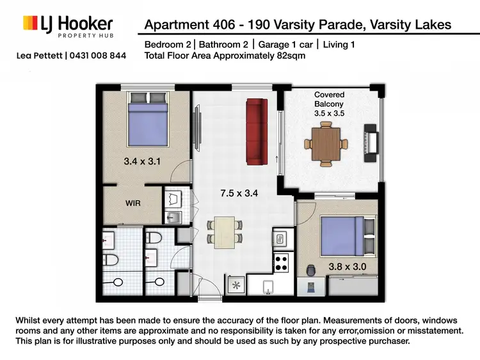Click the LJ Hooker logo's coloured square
pyautogui.click(x=29, y=24)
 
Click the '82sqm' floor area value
pyautogui.click(x=289, y=56)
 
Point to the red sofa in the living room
pyautogui.click(x=256, y=131)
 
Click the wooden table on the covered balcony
pyautogui.click(x=326, y=143)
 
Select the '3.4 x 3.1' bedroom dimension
pyautogui.click(x=141, y=162)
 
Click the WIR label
pyautogui.click(x=134, y=203)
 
